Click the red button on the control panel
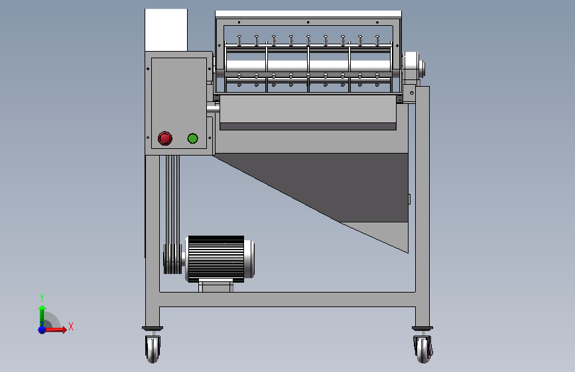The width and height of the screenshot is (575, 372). [x=164, y=138]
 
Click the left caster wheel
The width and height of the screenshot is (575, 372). [x=153, y=348]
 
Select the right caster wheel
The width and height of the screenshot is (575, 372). [x=422, y=348]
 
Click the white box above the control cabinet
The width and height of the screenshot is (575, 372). [x=166, y=30]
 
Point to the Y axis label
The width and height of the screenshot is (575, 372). [x=42, y=297]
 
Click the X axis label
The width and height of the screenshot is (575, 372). [x=70, y=326]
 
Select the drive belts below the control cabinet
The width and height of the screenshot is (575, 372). [x=173, y=199]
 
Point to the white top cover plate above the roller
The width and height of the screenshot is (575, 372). [x=308, y=14]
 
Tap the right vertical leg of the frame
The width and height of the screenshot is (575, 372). [x=422, y=199]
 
